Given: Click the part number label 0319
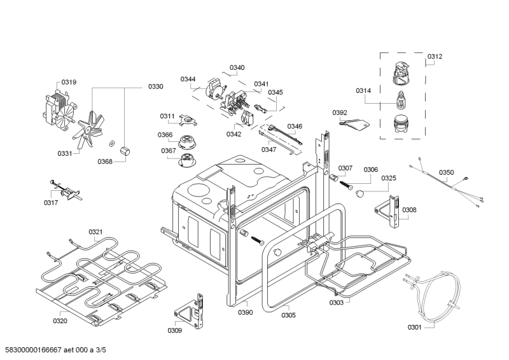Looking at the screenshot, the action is click(69, 82).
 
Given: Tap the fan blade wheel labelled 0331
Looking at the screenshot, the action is click(88, 129).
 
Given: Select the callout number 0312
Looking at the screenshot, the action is click(435, 57).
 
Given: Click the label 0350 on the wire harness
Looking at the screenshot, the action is click(447, 172).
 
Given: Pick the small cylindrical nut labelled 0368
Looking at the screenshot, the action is click(124, 151).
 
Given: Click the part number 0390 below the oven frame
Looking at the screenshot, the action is click(246, 312).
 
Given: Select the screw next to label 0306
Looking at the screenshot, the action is click(346, 186).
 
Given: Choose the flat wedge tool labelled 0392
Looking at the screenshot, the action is click(355, 124).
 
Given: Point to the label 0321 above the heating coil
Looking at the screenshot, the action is click(95, 232).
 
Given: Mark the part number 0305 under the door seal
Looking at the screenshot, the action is click(289, 315).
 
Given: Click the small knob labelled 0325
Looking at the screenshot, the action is click(359, 194).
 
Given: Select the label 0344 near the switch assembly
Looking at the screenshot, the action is click(188, 80).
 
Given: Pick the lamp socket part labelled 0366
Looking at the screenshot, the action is click(187, 142).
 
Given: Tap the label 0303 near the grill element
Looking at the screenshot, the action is click(337, 303).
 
